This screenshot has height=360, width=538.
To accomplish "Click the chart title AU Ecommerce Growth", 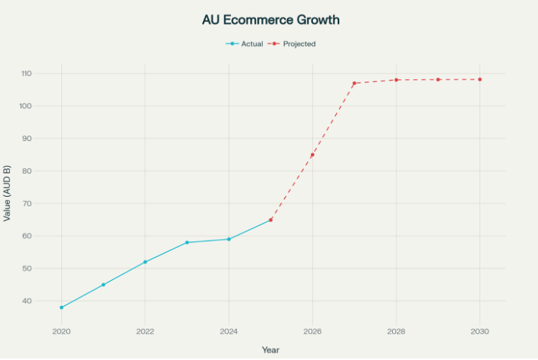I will pos(270,19).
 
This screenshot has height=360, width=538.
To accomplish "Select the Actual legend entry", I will pos(245,44).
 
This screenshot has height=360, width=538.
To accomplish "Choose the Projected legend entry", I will pos(293,44).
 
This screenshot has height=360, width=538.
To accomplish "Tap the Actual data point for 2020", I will pos(62,307).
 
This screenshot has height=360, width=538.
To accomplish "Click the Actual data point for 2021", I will pos(104,284).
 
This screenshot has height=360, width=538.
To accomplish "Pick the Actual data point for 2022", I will pos(145,262).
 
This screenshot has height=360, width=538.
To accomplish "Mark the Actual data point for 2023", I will pos(187,243).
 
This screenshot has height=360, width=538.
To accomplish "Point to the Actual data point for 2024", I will pos(229,239).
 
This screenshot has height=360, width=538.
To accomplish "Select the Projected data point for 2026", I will pos(313,154).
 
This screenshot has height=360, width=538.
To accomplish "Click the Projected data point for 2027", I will pos(354,83).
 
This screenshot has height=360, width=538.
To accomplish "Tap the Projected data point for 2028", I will pos(396,80).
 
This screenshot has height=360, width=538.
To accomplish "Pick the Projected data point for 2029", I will pos(438,79).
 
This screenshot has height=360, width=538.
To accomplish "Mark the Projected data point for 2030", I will pos(480,79).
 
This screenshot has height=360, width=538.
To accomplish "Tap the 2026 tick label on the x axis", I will pos(313,331).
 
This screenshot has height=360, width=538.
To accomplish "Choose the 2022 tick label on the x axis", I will pos(145,331).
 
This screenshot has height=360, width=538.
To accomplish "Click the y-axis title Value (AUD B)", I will pos(8,193).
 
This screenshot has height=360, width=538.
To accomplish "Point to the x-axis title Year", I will pos(270,350).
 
